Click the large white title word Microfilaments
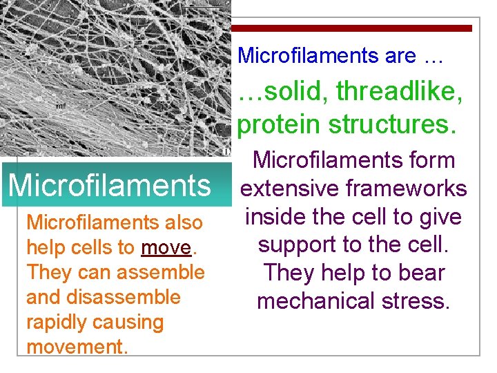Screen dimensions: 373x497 (109, 185)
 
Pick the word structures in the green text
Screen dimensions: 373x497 (393, 124)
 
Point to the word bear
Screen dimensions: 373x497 (421, 272)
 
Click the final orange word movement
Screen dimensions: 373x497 (77, 346)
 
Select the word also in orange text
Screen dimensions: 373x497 (183, 222)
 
